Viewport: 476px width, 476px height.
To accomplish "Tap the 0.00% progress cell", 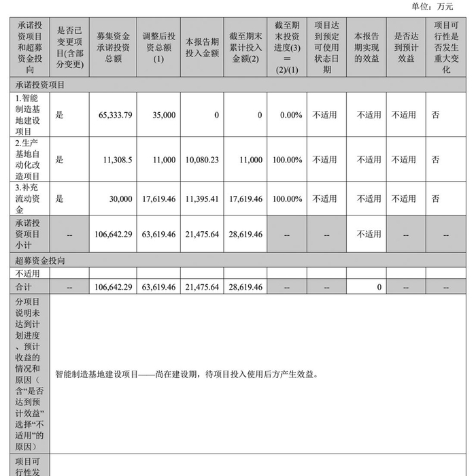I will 291,115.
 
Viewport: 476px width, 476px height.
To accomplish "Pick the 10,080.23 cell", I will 202,160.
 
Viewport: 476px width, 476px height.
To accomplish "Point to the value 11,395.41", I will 202,199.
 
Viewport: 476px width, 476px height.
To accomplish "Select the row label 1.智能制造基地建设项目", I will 28,115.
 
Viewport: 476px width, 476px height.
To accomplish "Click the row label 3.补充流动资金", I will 28,199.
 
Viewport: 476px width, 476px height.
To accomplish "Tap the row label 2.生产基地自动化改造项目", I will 28,160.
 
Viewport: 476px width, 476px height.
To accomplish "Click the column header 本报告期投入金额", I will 202,46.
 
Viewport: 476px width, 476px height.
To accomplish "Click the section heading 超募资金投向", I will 40,260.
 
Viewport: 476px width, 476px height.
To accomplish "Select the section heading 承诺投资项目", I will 40,85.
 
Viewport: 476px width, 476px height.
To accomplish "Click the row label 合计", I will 24,288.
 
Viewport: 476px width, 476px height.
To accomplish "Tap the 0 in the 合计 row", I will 379,288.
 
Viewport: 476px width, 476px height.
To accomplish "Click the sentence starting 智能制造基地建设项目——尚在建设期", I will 186,374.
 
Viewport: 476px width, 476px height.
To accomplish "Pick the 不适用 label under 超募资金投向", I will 28,273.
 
